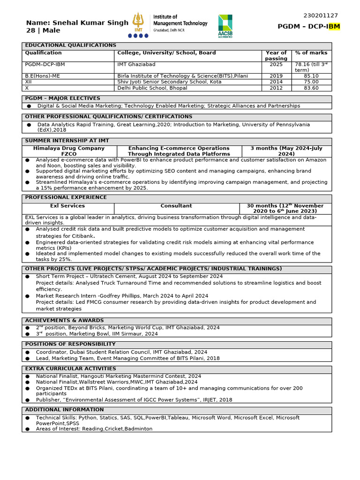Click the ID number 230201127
pos(321,15)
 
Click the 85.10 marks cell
pos(311,76)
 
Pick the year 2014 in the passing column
pos(276,82)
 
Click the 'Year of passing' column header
pos(276,56)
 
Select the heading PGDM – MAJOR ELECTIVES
pos(62,98)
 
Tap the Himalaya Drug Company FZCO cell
pos(69,151)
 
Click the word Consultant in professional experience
pos(176,206)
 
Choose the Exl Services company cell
pos(67,206)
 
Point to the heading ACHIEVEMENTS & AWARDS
pos(64,321)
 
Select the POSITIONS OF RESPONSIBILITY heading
pos(70,344)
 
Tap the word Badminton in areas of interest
pos(138,429)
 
